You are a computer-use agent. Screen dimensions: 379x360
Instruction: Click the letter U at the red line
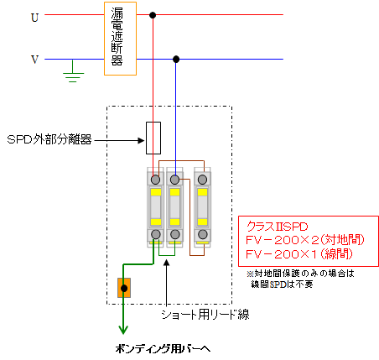click(x=34, y=18)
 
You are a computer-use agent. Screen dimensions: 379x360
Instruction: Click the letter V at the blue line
click(x=34, y=60)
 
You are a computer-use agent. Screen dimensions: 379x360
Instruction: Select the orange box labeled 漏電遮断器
click(x=120, y=39)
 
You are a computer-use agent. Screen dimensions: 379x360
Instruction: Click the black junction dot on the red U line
click(x=153, y=15)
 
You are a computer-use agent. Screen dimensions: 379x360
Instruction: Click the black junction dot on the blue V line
click(x=176, y=59)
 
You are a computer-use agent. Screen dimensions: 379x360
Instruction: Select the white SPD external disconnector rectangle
click(x=153, y=138)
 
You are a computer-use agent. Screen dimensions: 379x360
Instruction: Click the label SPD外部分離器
click(x=49, y=139)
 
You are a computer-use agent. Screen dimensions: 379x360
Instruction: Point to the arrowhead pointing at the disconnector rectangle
click(x=142, y=140)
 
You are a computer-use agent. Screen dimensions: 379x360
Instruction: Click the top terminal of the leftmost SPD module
click(x=155, y=180)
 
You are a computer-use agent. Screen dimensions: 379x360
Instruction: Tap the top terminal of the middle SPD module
click(x=174, y=180)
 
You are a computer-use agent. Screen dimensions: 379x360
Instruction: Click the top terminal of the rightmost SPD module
click(x=202, y=180)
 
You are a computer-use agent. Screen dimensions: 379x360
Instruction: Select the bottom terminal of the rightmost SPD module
click(x=202, y=234)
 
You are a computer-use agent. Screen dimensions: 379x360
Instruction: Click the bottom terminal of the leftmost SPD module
click(x=155, y=234)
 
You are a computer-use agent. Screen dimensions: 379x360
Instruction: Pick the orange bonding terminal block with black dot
click(x=124, y=288)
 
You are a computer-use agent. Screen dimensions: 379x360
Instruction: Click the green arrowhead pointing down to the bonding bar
click(x=123, y=330)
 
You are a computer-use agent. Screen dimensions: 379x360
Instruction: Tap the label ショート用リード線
click(x=205, y=315)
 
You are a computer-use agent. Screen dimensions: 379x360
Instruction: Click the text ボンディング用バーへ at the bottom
click(x=163, y=349)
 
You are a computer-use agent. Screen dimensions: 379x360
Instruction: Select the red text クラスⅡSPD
click(x=277, y=227)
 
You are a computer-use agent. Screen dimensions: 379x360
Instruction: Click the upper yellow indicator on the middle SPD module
click(x=174, y=192)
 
